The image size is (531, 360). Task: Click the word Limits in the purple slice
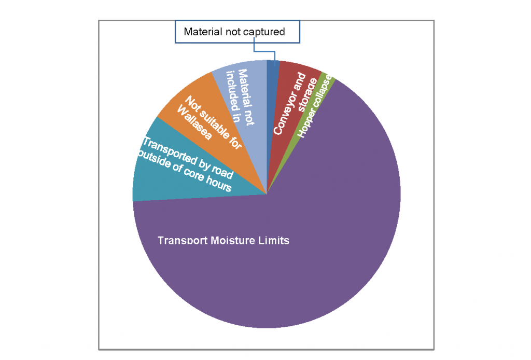pyautogui.click(x=274, y=241)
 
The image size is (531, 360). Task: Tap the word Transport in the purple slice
pyautogui.click(x=183, y=241)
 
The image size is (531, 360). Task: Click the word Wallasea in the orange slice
pyautogui.click(x=194, y=122)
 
